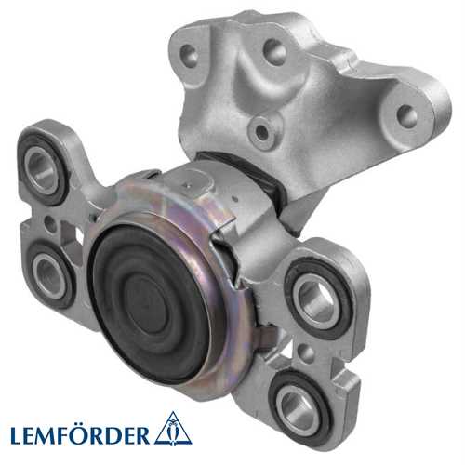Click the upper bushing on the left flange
(42, 166)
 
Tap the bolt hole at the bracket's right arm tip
(406, 116)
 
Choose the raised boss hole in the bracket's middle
(264, 132)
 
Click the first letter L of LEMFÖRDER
(16, 433)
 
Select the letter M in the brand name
(51, 433)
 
